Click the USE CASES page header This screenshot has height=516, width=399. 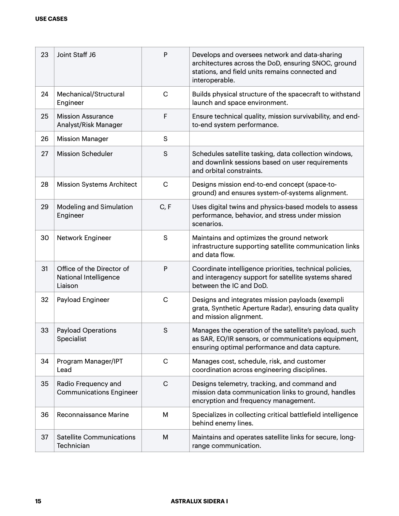pyautogui.click(x=51, y=19)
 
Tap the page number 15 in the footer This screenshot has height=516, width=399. pyautogui.click(x=38, y=501)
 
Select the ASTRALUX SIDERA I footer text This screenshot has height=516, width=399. pyautogui.click(x=199, y=501)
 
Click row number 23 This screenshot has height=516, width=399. pyautogui.click(x=45, y=55)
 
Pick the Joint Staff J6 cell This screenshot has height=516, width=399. pyautogui.click(x=76, y=55)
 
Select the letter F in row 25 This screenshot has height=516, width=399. pyautogui.click(x=165, y=116)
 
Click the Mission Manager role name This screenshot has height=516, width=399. pyautogui.click(x=82, y=139)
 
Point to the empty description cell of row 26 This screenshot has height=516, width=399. pyautogui.click(x=276, y=139)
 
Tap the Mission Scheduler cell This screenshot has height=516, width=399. pyautogui.click(x=85, y=154)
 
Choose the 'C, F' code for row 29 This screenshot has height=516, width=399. pyautogui.click(x=165, y=207)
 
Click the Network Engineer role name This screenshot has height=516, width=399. pyautogui.click(x=84, y=238)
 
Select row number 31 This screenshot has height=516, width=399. pyautogui.click(x=45, y=269)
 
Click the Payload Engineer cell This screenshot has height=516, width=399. pyautogui.click(x=83, y=300)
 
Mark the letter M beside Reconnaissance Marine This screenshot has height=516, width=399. pyautogui.click(x=165, y=415)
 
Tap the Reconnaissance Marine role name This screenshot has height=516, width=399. pyautogui.click(x=93, y=415)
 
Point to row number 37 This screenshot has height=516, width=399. pyautogui.click(x=45, y=437)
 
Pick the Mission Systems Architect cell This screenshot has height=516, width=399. pyautogui.click(x=97, y=184)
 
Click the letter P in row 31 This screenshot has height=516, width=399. pyautogui.click(x=165, y=269)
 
